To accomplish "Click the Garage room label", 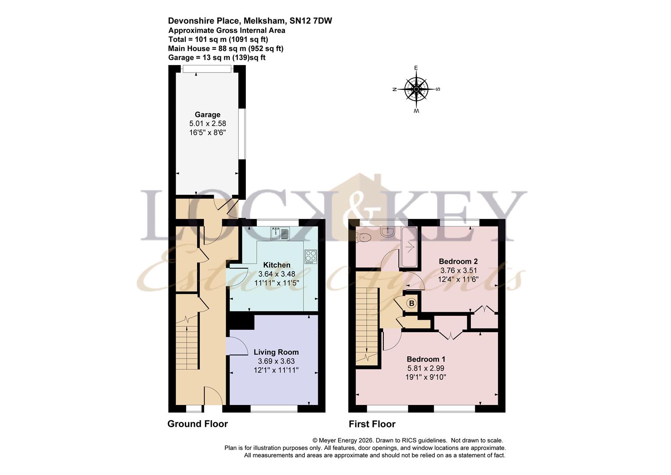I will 207,115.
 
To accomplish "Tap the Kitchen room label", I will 277,265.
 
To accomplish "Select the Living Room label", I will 276,352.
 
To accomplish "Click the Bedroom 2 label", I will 458,261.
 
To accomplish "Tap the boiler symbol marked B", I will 411,303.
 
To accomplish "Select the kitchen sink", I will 280,233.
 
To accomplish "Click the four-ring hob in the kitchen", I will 310,256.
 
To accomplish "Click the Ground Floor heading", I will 198,424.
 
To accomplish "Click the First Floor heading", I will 372,424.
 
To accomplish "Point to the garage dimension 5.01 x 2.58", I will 207,124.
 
